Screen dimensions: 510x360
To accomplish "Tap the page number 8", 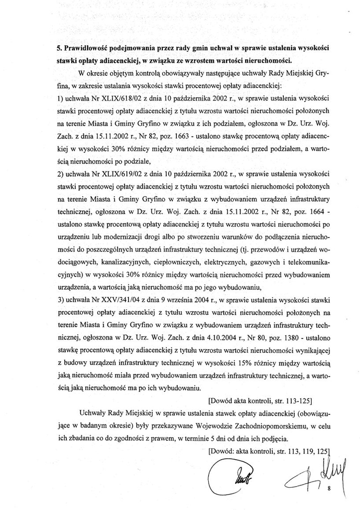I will tap(329, 489).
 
